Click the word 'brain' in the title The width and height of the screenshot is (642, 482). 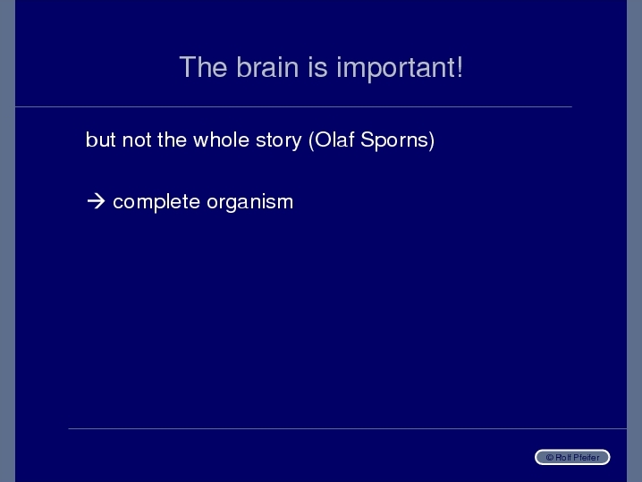[267, 67]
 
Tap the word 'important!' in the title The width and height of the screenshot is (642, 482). [400, 68]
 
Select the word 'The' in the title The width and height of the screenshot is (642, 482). [203, 67]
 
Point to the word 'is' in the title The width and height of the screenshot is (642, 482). [317, 67]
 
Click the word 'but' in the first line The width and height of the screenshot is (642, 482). [101, 140]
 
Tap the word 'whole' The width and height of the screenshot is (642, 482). [221, 140]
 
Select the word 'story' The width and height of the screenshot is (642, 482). [278, 141]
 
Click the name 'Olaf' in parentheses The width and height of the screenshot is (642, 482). [332, 140]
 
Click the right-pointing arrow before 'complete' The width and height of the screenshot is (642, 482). [96, 201]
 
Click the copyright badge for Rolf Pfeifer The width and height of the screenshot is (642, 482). [572, 457]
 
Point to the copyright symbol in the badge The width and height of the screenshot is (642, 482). [550, 458]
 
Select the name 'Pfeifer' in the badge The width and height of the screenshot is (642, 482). [586, 458]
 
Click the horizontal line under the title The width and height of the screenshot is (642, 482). [293, 107]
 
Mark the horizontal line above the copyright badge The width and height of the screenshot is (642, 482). [347, 428]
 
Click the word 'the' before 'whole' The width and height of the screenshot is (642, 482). [172, 140]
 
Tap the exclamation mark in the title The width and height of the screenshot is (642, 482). [460, 67]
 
